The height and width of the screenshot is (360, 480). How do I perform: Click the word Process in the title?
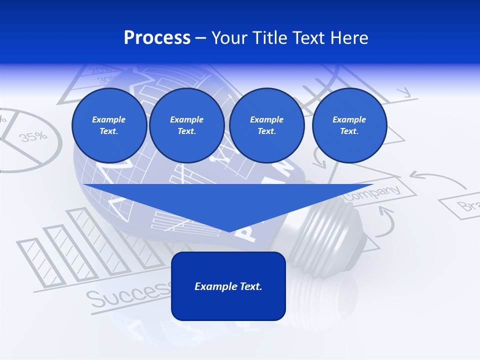157,38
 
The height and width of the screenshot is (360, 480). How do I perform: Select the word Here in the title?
349,38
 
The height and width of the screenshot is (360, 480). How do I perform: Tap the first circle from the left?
109,125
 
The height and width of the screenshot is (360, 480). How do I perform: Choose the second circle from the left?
186,125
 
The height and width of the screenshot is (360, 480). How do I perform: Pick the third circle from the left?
266,125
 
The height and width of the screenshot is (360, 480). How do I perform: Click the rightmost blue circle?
349,125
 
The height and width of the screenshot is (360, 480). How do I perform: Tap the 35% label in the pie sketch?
33,136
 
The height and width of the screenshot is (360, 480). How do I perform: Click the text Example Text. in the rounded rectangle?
228,286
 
